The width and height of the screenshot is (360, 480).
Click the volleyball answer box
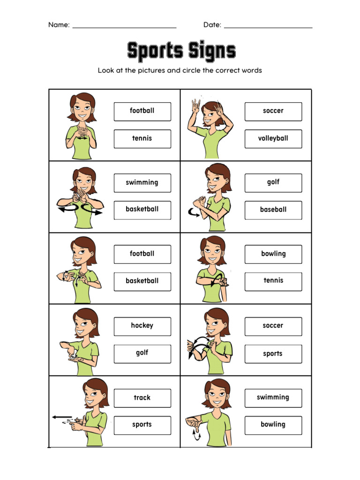(273, 139)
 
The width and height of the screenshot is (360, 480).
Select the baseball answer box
(273, 210)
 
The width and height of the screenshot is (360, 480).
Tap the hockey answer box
(142, 326)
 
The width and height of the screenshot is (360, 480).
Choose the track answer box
(142, 398)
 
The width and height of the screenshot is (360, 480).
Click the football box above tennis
(142, 111)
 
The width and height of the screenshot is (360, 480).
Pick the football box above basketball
(142, 254)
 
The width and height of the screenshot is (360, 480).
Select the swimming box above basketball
(142, 183)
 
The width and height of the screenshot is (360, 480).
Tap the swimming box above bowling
(273, 397)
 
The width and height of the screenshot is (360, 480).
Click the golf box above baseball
(273, 182)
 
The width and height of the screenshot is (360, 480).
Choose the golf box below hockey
(142, 353)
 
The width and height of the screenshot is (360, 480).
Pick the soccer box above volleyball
(273, 111)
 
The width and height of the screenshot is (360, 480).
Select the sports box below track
(142, 425)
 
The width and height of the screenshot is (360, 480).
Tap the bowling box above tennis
(273, 254)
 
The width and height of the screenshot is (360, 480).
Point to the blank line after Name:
(124, 27)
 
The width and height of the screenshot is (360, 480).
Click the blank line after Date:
(268, 27)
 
